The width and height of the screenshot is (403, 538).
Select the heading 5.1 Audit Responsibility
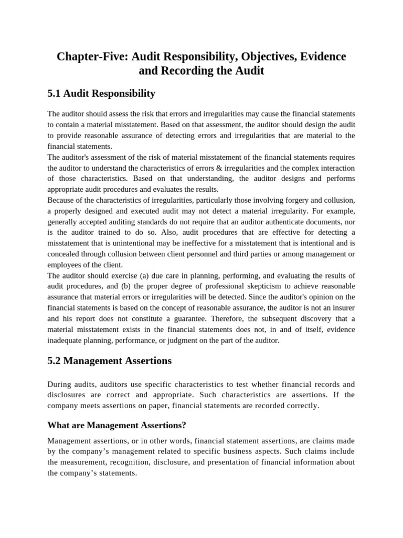[101, 94]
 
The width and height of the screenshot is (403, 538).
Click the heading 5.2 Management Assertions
[109, 361]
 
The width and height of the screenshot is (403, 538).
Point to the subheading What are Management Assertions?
[117, 425]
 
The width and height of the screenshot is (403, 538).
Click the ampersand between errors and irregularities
[237, 168]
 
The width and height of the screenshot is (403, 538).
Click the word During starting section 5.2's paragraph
[60, 384]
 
